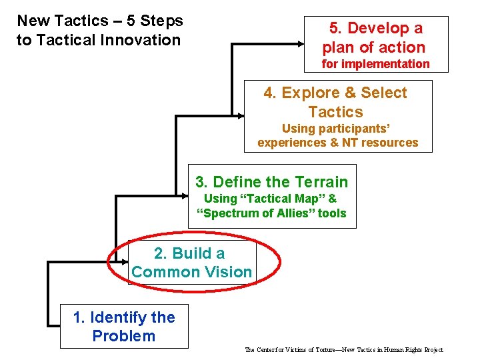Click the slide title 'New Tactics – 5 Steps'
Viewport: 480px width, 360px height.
click(x=99, y=21)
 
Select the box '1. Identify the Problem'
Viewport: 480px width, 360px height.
click(x=124, y=327)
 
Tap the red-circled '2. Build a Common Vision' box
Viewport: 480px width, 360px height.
click(x=192, y=263)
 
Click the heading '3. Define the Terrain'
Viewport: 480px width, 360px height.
click(x=272, y=182)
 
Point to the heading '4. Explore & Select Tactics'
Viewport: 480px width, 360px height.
click(x=335, y=102)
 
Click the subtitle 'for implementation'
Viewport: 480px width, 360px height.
click(x=375, y=64)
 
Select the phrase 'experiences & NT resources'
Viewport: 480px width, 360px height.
click(x=337, y=143)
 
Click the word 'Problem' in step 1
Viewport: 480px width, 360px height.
click(x=124, y=336)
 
